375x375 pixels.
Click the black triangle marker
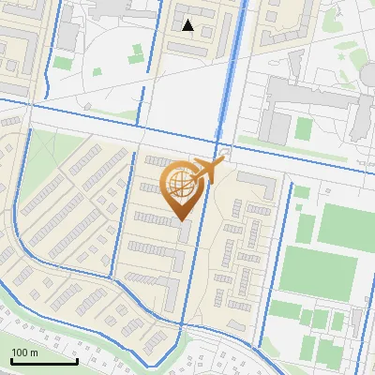tap(188, 26)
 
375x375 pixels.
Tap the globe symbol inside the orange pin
tap(178, 183)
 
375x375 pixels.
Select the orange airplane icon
tap(206, 170)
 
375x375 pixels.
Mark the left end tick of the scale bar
tap(11, 361)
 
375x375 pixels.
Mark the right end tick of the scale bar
tap(76, 361)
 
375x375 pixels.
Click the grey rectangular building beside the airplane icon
tap(252, 179)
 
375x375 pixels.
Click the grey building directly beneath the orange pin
tap(186, 232)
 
